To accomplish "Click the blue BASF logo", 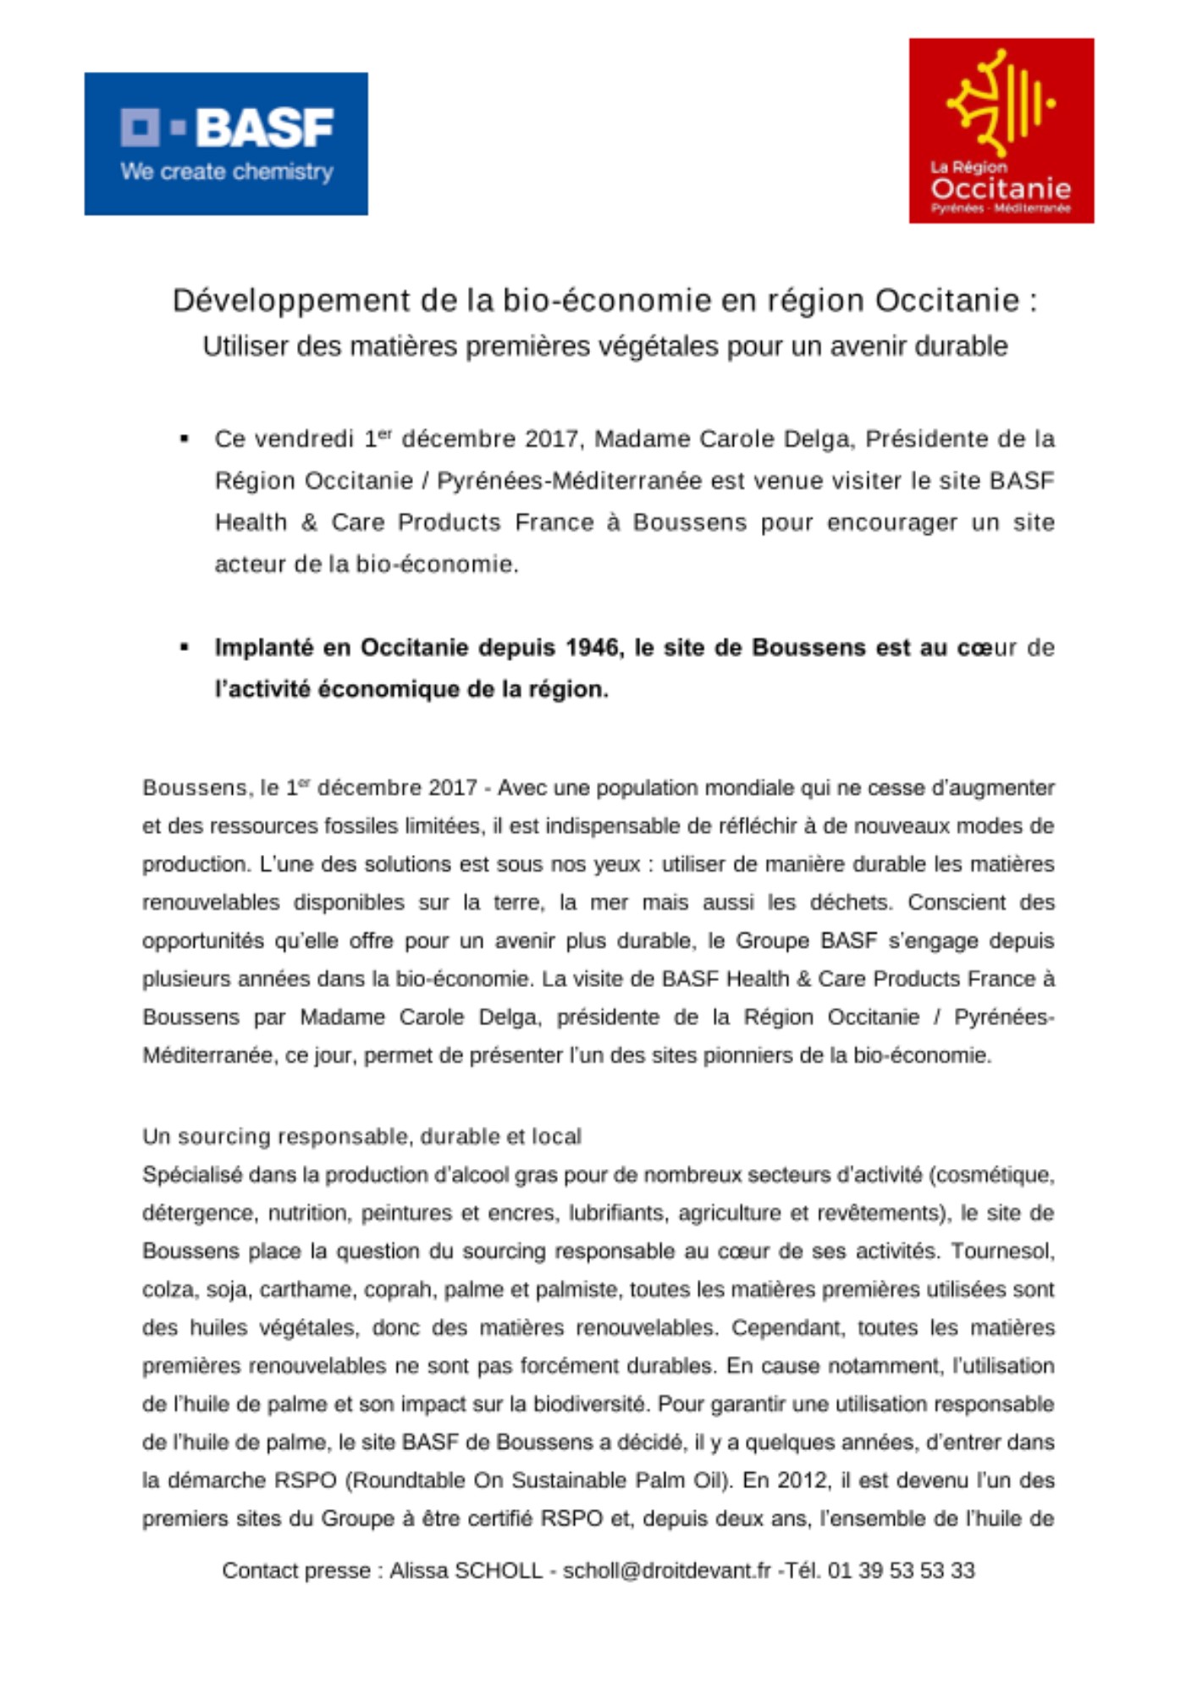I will point(226,143).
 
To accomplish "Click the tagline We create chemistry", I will point(226,172).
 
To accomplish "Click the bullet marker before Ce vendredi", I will point(184,438).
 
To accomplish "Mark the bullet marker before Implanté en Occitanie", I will point(184,648).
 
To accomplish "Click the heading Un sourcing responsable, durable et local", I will point(361,1136).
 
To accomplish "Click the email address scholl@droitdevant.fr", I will point(666,1571).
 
